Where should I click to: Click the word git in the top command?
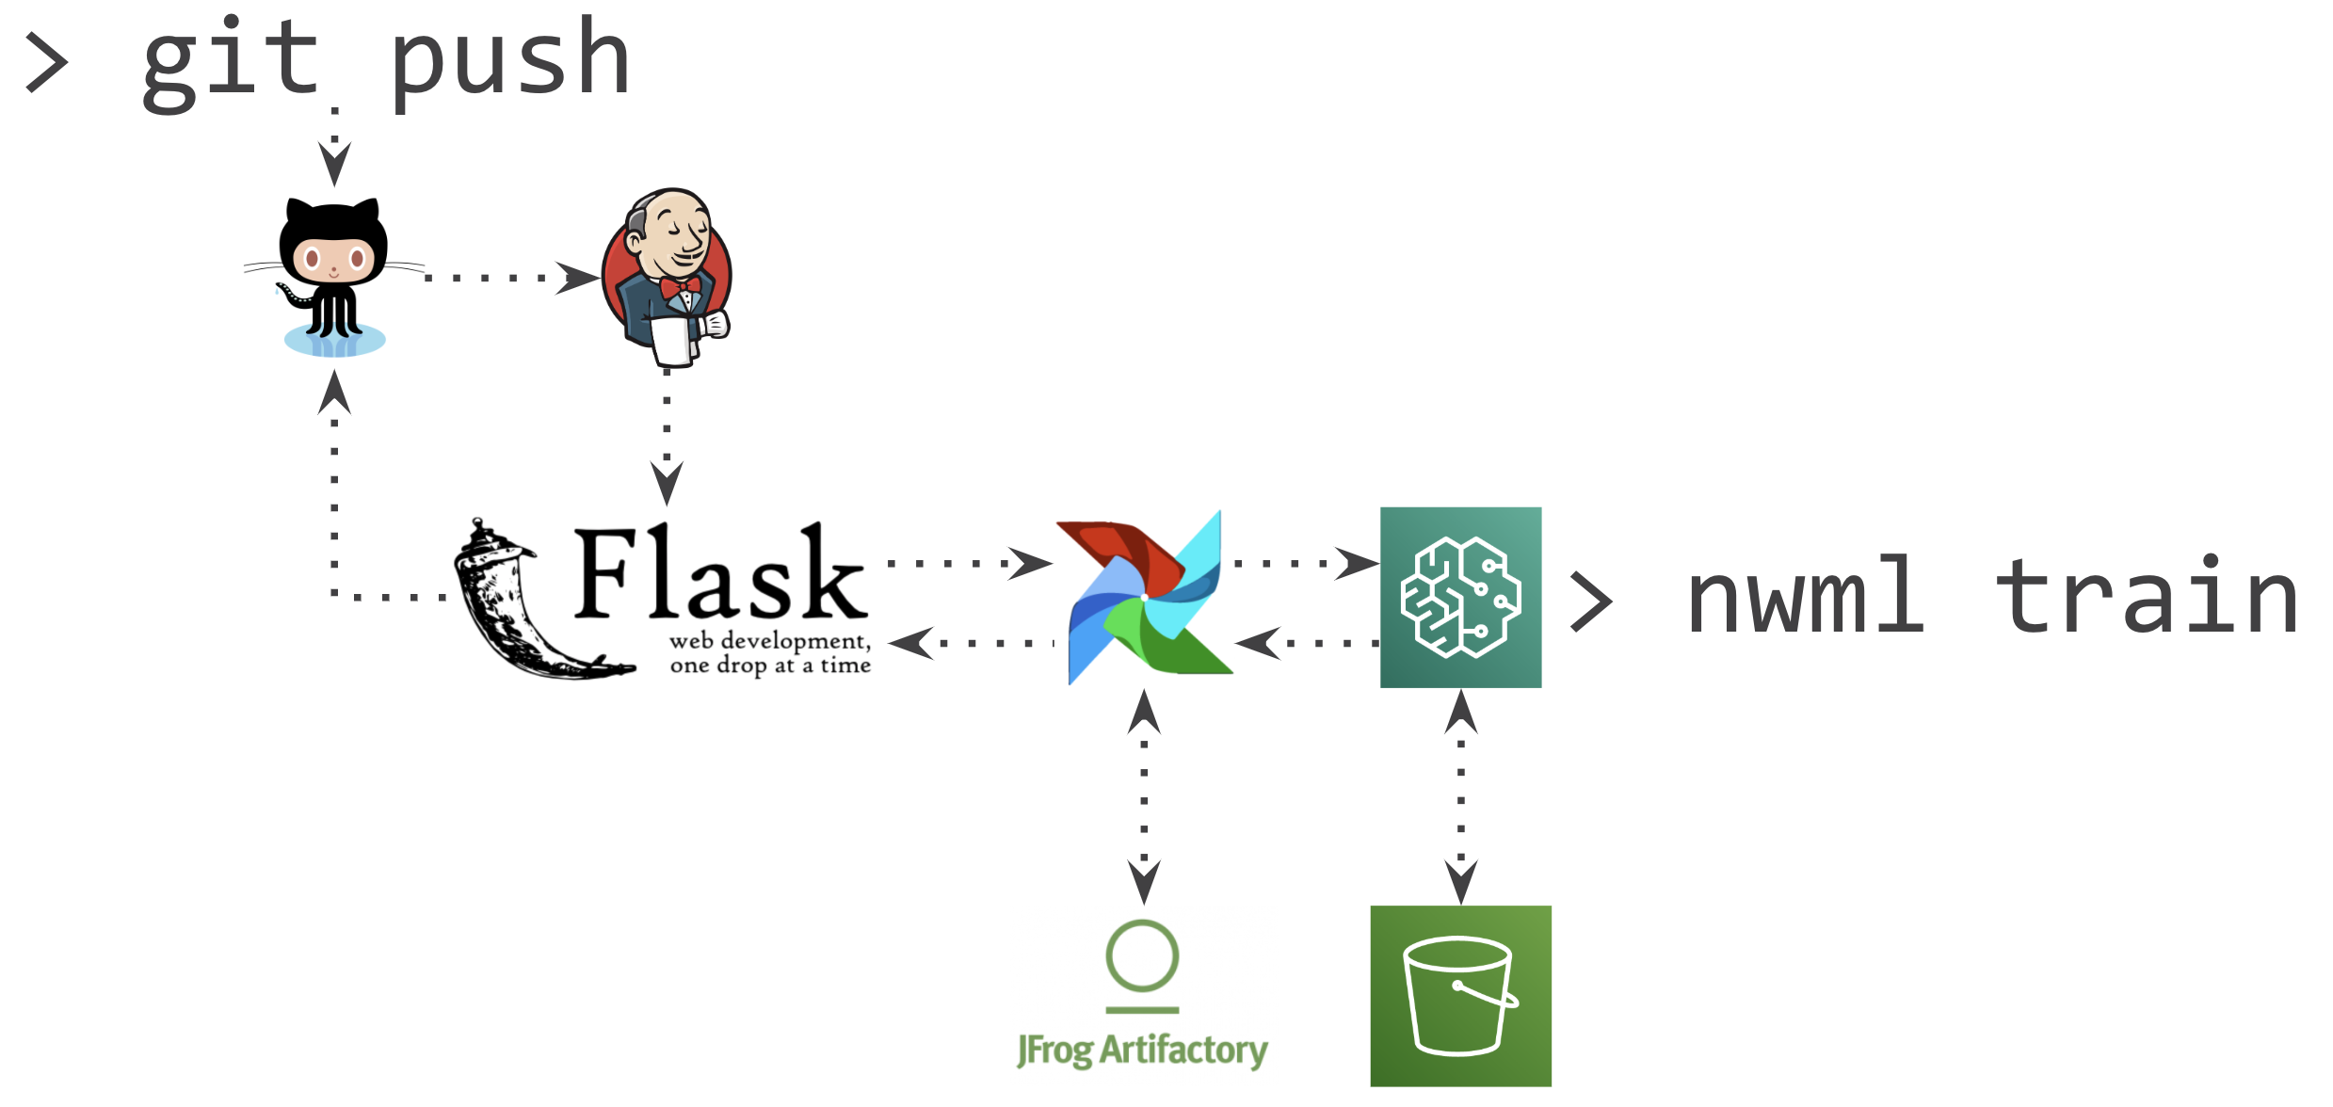pos(231,64)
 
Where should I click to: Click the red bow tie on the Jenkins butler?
pos(679,286)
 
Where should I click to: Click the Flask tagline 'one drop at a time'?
pos(770,666)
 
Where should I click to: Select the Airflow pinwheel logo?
pos(1144,598)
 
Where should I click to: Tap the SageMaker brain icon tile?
pos(1460,598)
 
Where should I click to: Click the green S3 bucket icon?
pos(1460,996)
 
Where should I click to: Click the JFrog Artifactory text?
pos(1142,1050)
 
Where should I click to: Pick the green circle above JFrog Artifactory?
pos(1142,955)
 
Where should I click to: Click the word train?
pos(2147,598)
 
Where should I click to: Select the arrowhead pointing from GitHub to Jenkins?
pos(576,278)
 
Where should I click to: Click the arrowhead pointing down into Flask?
pos(667,482)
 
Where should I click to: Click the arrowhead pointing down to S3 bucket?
pos(1460,881)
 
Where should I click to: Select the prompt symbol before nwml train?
pos(1591,602)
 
